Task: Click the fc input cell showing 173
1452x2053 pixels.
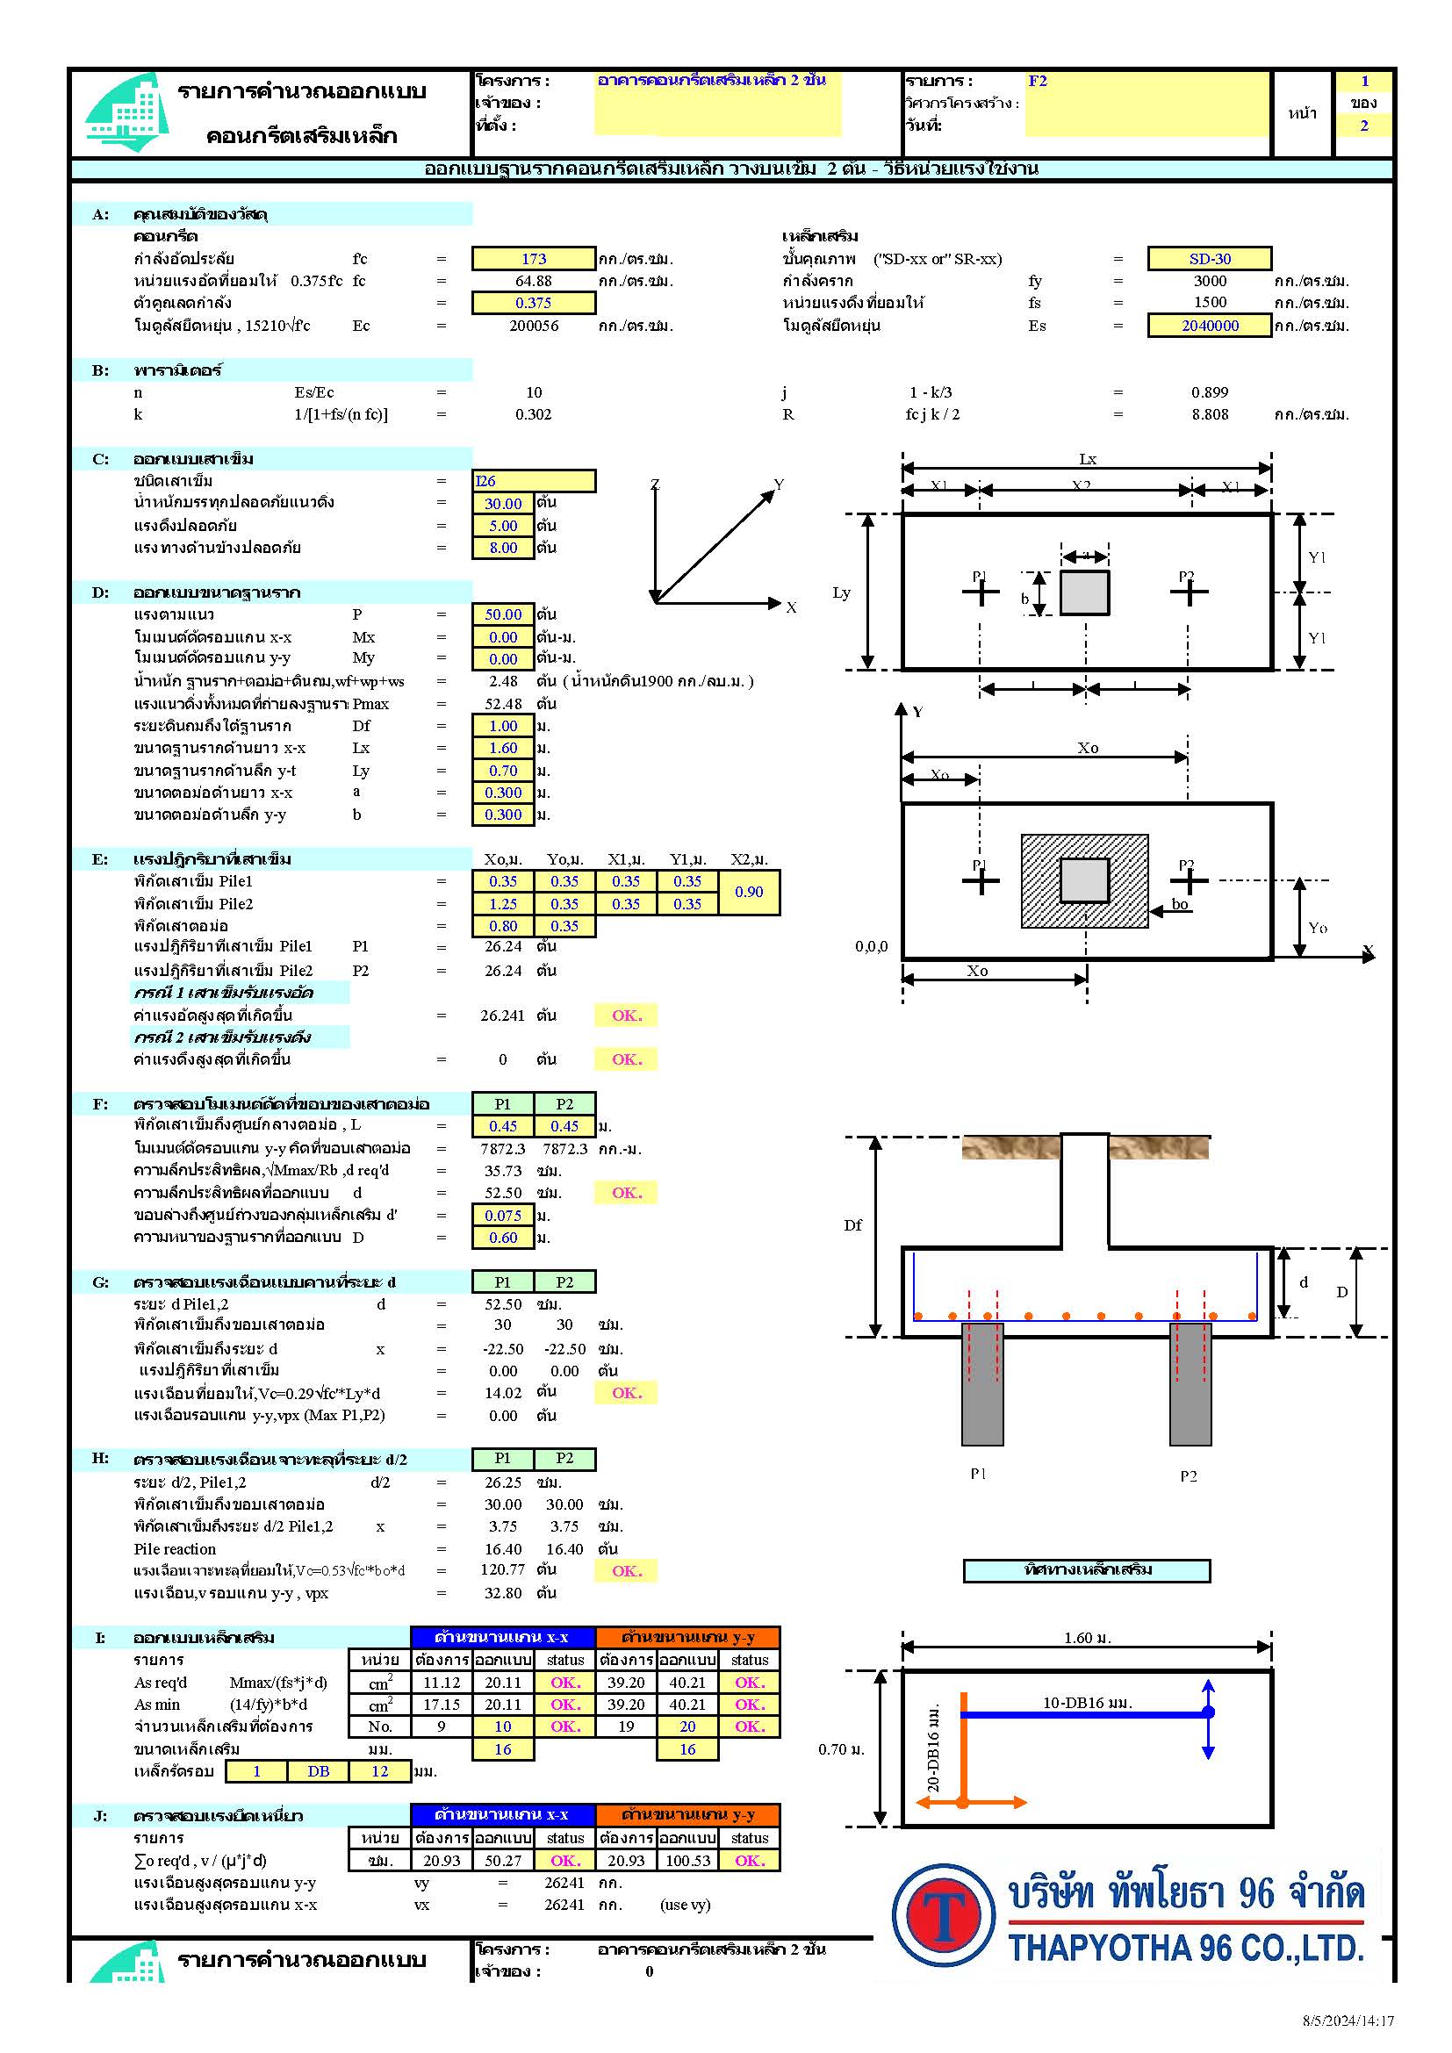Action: [534, 258]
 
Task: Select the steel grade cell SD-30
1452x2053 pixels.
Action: [1209, 258]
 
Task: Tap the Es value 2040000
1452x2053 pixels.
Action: [1209, 326]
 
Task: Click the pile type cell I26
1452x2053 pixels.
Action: [533, 481]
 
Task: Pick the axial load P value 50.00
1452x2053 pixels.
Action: [502, 614]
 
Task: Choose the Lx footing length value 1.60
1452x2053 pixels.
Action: [502, 748]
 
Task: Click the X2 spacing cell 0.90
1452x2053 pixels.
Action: [748, 892]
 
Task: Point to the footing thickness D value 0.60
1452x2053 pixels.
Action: [502, 1238]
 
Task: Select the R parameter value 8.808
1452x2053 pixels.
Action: [1209, 414]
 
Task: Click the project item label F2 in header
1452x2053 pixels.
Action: [1037, 81]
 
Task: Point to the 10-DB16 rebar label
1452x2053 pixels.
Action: [1087, 1703]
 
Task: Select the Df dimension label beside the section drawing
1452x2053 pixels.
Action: [853, 1225]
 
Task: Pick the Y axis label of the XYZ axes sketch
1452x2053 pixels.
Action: [779, 485]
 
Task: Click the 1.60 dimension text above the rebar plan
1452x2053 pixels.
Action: [1087, 1638]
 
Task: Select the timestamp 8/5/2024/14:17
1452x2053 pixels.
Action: [1348, 2020]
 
